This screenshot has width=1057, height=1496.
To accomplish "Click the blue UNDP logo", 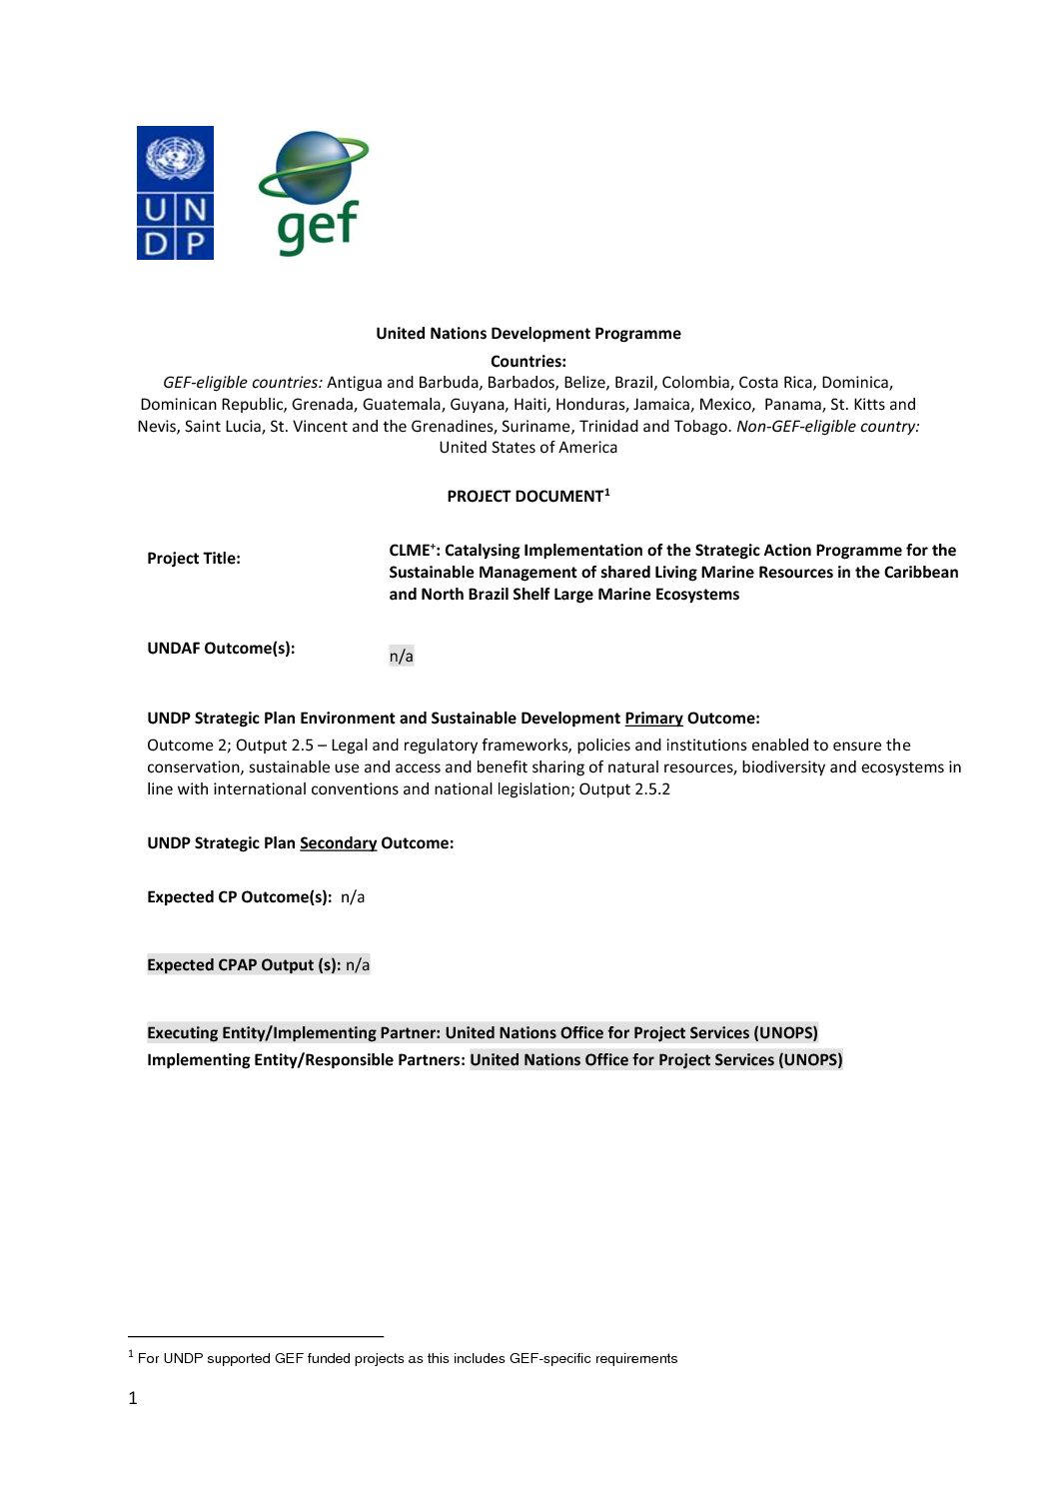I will point(175,193).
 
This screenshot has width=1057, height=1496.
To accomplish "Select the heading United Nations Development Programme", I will point(528,334).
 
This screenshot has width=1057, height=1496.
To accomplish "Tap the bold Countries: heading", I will point(528,362).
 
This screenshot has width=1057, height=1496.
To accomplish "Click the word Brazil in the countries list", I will point(633,383).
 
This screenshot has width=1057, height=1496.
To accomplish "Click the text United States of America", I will point(528,448).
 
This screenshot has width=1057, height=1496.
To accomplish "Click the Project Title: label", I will point(194,559).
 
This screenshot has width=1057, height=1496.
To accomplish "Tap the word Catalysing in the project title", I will point(482,551).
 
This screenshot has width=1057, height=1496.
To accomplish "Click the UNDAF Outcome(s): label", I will point(221,649).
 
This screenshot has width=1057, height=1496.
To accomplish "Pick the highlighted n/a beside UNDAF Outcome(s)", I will point(401,657).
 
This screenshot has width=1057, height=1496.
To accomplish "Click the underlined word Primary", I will point(653,719).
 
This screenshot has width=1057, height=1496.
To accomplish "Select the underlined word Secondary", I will point(338,843).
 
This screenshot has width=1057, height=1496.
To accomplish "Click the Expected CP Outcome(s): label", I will point(239,897).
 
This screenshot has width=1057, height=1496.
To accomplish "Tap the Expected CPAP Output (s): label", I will point(244,965).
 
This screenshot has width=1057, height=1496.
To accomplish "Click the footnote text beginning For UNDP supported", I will point(408,1359).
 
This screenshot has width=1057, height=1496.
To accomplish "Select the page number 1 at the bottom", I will point(133,1399).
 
